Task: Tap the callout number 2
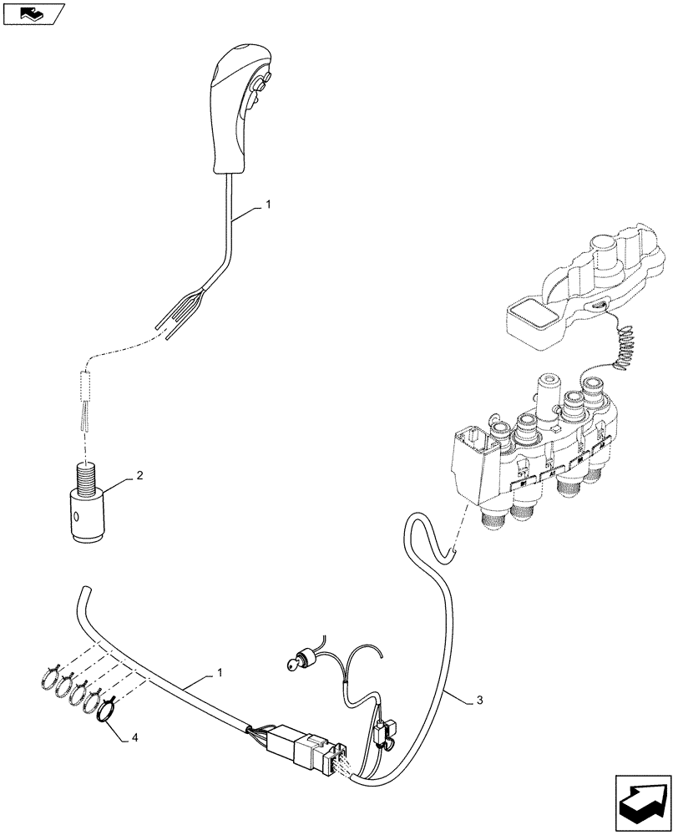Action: click(x=139, y=477)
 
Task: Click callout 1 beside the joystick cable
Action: click(x=268, y=204)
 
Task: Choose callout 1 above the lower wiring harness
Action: click(x=220, y=673)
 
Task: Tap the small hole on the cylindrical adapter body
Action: click(x=76, y=517)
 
